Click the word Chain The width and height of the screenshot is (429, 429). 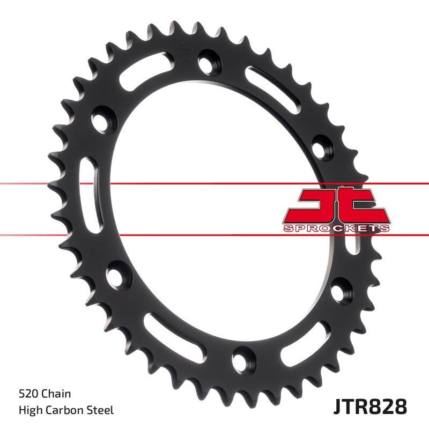point(57,394)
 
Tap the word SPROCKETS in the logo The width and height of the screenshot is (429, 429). point(336,228)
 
